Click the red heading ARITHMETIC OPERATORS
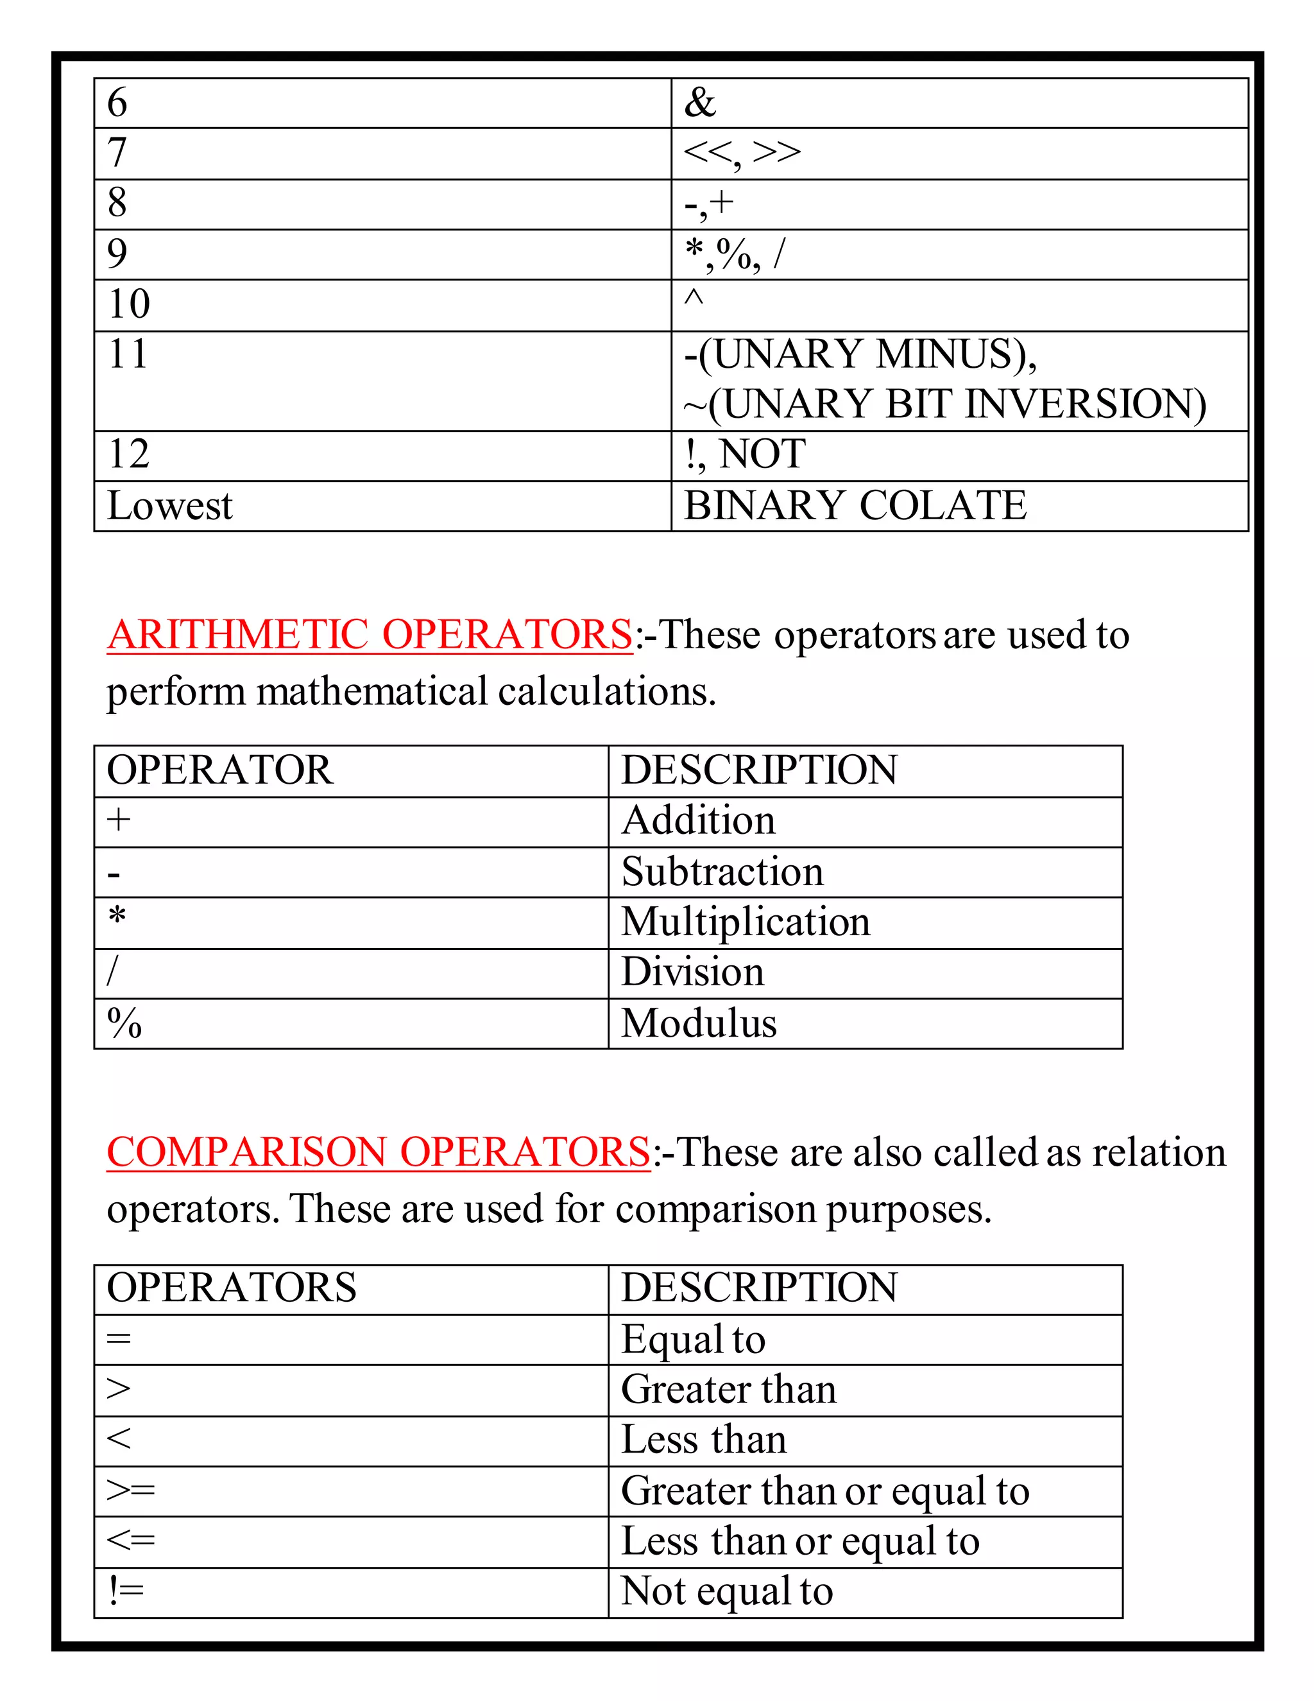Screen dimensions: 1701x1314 coord(370,635)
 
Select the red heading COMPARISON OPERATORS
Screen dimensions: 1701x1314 coord(379,1152)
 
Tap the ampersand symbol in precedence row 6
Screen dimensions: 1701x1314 coord(700,103)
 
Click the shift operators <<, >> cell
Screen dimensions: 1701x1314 coord(741,153)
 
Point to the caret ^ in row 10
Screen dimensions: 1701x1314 coord(694,299)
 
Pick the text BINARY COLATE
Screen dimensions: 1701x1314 coord(855,505)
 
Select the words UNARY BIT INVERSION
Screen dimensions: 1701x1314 coord(957,404)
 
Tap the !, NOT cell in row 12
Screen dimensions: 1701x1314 coord(745,455)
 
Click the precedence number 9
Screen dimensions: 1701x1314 coord(117,254)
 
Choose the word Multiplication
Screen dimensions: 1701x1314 coord(745,922)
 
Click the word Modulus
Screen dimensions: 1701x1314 coord(698,1023)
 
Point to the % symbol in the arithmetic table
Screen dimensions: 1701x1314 coord(124,1023)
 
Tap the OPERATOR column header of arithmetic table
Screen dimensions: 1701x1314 coord(219,770)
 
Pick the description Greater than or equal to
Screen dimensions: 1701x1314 coord(825,1490)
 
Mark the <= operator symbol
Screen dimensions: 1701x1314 coord(130,1540)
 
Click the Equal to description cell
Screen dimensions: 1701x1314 coord(693,1340)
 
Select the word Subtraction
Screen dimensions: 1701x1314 coord(722,872)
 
